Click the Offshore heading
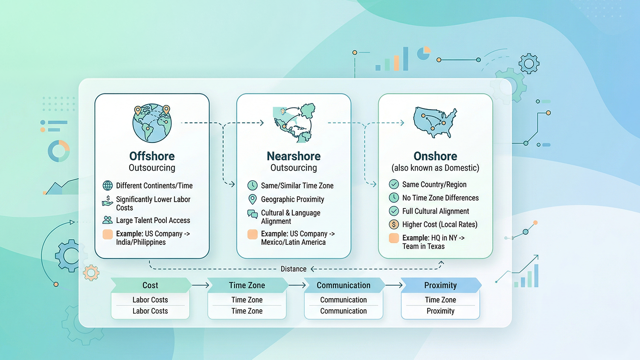point(152,156)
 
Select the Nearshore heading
point(294,156)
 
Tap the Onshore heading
point(435,156)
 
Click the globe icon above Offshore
point(152,123)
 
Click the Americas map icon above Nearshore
point(294,122)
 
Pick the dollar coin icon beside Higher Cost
point(394,224)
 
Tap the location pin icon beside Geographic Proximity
point(253,199)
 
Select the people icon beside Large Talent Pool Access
point(108,220)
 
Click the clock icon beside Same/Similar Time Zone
point(253,186)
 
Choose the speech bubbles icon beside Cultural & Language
point(253,214)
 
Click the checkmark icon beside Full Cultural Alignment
point(394,211)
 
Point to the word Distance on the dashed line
point(294,269)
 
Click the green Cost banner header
point(150,285)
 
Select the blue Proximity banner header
point(440,285)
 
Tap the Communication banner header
point(343,285)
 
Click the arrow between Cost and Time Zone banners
point(201,285)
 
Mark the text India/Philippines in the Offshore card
point(141,242)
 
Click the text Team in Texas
point(423,247)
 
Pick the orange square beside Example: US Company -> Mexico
point(253,234)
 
